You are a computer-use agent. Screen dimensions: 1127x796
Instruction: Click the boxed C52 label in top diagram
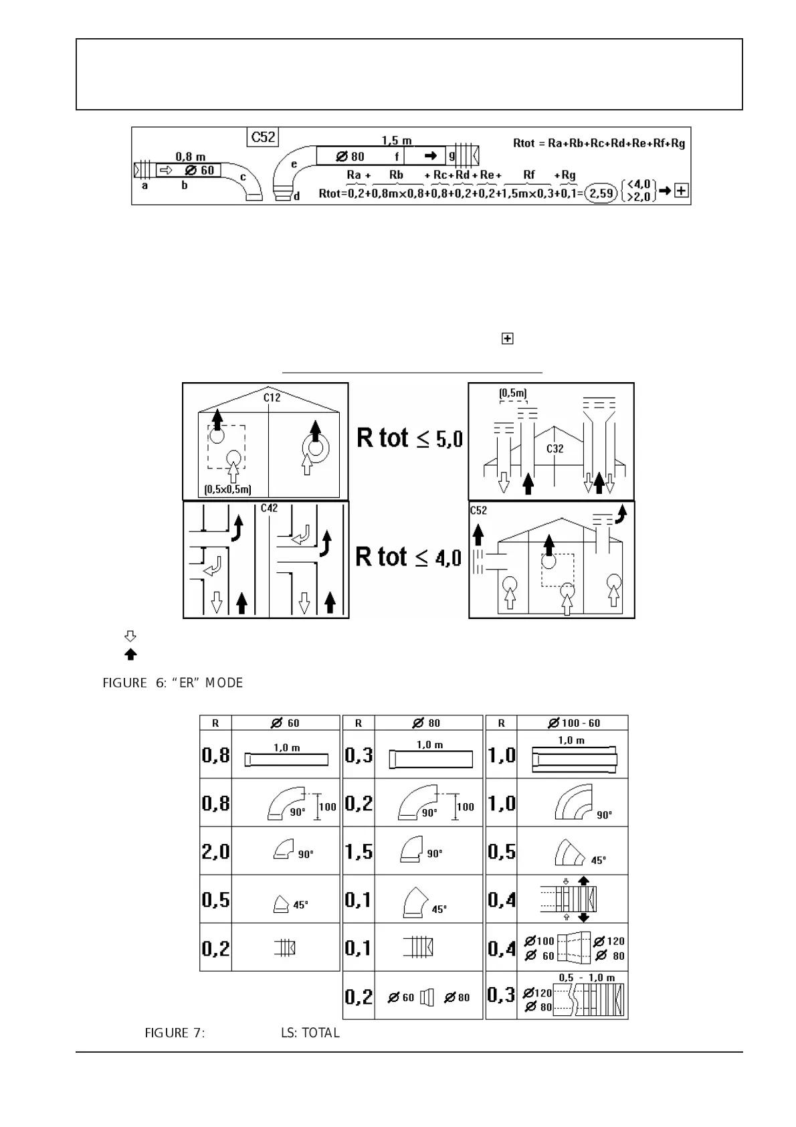(263, 137)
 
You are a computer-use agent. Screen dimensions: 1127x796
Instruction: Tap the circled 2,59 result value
(601, 193)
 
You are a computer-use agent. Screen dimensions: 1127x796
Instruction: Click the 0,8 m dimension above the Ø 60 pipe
(191, 157)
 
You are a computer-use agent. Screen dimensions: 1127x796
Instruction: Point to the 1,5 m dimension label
(397, 141)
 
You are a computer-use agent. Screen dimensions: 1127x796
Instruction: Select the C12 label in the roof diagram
(272, 398)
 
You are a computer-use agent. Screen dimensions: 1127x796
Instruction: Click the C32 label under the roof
(555, 448)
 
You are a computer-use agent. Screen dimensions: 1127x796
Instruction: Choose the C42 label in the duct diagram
(269, 509)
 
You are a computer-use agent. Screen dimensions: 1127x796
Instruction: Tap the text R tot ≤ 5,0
(409, 438)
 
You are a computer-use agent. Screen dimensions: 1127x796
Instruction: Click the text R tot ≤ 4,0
(408, 557)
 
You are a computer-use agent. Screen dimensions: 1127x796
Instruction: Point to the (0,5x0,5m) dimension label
(228, 489)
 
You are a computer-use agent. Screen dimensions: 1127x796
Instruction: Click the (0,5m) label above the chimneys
(512, 393)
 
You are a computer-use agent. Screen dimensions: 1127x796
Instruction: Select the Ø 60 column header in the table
(286, 723)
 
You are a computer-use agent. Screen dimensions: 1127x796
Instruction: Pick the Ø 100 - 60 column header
(573, 723)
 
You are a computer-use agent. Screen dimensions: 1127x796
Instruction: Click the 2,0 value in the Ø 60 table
(215, 851)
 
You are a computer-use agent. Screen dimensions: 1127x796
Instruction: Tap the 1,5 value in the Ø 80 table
(359, 851)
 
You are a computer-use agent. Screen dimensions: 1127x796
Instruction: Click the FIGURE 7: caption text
(175, 1033)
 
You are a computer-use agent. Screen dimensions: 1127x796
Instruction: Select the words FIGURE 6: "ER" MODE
(173, 683)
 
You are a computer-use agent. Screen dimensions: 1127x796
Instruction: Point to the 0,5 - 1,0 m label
(587, 978)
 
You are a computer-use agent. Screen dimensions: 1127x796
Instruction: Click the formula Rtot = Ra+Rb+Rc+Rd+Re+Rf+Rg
(599, 143)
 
